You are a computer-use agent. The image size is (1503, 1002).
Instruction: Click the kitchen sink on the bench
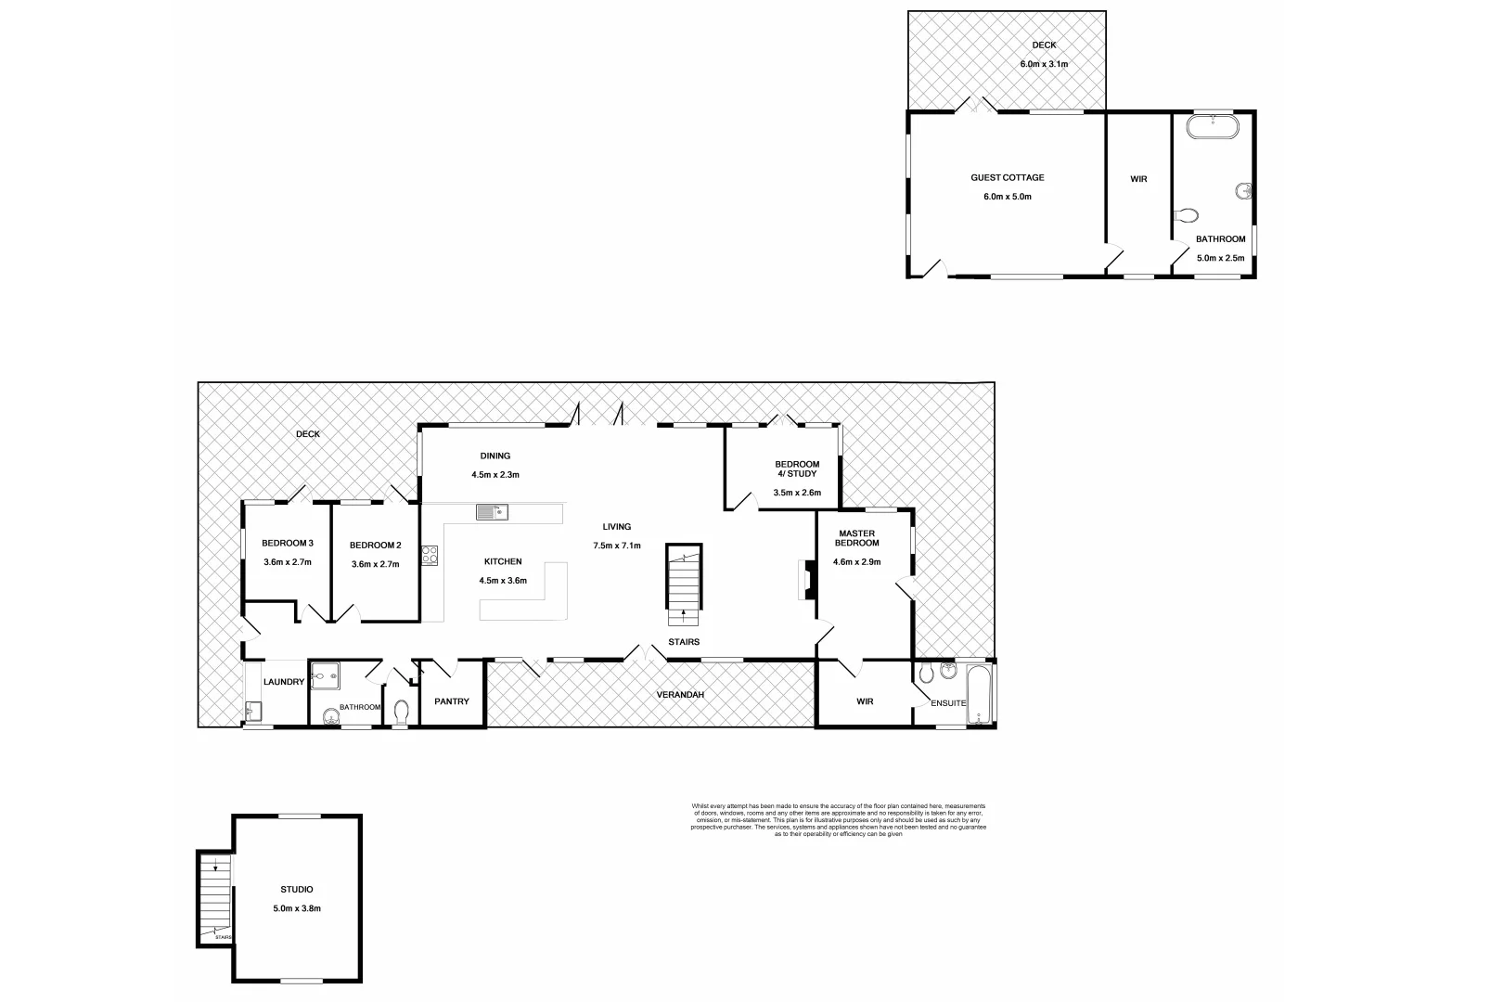(x=491, y=512)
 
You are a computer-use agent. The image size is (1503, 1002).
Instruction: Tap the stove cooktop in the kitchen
(x=430, y=556)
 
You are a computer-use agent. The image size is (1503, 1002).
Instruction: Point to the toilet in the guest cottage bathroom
(x=1186, y=216)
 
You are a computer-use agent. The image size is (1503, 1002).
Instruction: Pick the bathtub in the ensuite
(x=979, y=693)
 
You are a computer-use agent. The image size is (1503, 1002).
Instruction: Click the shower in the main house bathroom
(x=326, y=677)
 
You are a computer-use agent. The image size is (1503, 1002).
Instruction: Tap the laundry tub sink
(x=254, y=713)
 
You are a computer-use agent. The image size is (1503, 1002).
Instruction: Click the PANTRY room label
(x=452, y=701)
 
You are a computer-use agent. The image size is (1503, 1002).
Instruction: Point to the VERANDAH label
(x=680, y=694)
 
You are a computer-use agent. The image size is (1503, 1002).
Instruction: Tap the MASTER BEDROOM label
(x=856, y=538)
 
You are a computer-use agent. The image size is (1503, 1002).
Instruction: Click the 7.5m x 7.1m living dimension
(x=617, y=546)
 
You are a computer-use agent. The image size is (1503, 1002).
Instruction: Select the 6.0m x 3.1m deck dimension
(x=1044, y=64)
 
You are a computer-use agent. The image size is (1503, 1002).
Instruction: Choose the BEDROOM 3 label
(x=287, y=544)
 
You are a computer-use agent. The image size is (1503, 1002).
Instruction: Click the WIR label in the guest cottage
(x=1138, y=179)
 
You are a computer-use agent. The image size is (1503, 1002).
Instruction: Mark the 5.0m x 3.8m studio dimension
(x=297, y=908)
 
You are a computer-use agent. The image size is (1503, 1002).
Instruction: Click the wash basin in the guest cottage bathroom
(x=1243, y=192)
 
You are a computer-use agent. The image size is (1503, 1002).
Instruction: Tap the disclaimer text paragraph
(x=838, y=820)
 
